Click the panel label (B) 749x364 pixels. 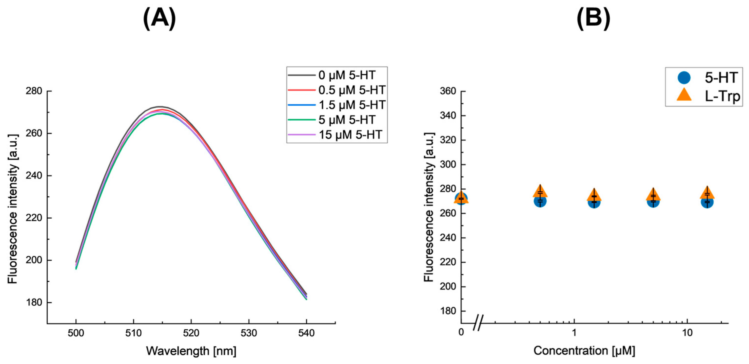593,18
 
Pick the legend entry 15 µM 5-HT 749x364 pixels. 350,135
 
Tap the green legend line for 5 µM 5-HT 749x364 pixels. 301,120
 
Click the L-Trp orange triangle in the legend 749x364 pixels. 684,95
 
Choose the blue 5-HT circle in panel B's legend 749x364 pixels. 684,78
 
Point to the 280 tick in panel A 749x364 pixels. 34,91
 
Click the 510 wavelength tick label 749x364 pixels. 134,333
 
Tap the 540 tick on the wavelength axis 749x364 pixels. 306,333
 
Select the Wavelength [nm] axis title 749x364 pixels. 191,351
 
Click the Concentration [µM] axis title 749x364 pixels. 584,351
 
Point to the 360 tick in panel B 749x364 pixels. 448,91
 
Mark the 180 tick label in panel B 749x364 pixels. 448,311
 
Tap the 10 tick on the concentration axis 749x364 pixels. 687,333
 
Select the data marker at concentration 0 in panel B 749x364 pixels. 461,199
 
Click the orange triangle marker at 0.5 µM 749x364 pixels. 540,192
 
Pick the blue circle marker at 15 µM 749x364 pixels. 707,202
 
